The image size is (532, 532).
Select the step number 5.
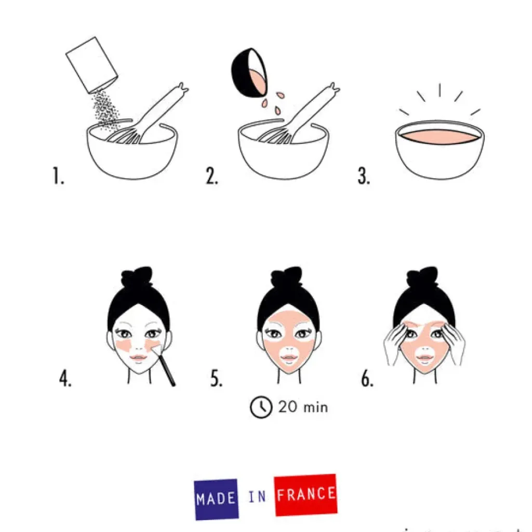coord(216,379)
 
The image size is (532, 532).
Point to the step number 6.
coord(367,379)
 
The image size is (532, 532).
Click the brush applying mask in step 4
coord(166,368)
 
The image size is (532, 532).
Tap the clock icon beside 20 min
coord(261,407)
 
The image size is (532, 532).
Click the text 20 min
coord(302,406)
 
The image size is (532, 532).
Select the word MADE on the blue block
coord(216,499)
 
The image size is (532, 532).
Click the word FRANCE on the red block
coord(305,494)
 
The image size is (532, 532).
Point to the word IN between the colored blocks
coord(257,497)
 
